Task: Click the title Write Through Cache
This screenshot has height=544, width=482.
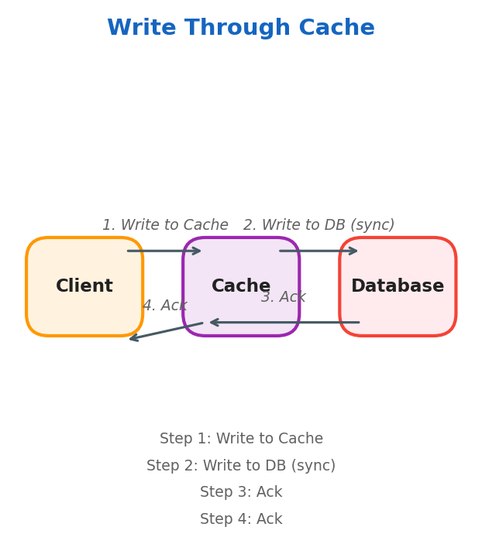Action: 240,29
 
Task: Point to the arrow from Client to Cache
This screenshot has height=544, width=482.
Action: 164,251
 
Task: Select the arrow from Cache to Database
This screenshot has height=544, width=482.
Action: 318,251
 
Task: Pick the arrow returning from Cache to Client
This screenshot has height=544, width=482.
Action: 166,331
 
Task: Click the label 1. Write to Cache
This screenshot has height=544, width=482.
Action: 165,225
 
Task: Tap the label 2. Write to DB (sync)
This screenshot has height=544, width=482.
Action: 318,225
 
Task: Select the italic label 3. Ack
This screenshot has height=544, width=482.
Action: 283,297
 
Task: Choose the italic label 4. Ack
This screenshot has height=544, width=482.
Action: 164,306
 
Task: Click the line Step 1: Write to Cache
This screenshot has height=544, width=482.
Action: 241,439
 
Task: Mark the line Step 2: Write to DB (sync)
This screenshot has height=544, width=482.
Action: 241,466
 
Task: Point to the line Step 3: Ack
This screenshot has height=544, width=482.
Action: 241,492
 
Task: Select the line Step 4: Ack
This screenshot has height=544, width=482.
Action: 241,519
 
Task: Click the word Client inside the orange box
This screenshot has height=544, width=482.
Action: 84,286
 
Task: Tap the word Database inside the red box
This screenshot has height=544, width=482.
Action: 397,286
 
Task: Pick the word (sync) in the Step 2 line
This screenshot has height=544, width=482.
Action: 312,466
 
